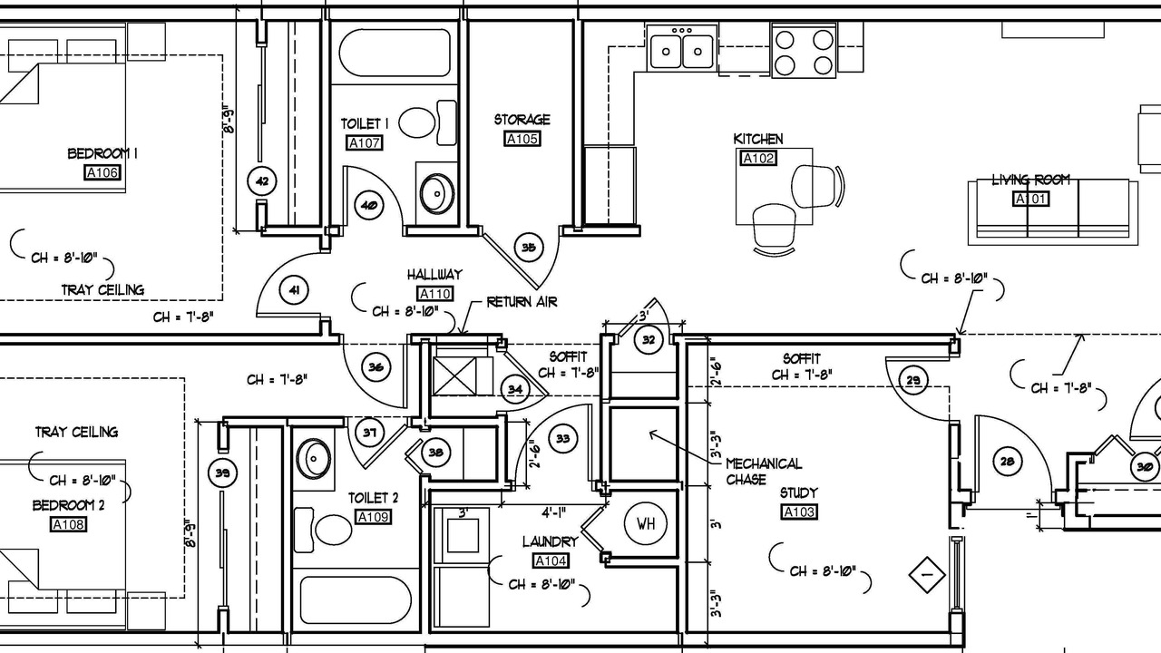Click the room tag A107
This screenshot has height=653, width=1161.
365,142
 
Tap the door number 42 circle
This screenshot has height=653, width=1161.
262,181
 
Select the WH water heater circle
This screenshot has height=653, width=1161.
645,523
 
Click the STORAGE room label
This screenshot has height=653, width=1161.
522,120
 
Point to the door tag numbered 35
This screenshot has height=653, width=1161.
528,248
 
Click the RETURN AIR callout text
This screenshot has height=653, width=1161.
522,302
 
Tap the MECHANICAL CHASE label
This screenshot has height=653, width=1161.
763,471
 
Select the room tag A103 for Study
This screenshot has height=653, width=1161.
799,512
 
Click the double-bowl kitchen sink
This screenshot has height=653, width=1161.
681,51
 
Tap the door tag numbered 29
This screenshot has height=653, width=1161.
912,380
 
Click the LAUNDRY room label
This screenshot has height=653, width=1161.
550,541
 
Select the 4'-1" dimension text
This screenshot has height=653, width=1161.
553,512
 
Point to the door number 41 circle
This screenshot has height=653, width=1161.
294,290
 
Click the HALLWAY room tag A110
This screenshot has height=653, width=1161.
434,294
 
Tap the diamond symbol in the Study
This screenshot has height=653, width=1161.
927,575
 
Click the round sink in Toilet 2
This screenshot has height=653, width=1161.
313,458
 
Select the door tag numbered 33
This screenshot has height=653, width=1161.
563,439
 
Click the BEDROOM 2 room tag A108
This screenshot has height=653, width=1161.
68,524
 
